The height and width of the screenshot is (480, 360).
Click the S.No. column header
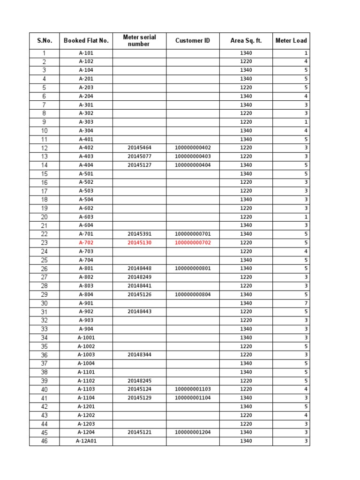coord(45,41)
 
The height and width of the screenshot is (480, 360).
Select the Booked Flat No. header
coord(86,41)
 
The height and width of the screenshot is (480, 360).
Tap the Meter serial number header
coord(139,41)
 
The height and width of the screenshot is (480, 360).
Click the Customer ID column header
coord(193,41)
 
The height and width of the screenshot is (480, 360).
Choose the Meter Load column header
coord(291,41)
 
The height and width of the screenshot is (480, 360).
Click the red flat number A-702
coord(86,243)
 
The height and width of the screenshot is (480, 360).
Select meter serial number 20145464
coord(139,148)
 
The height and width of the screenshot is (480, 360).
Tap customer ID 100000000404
coord(193,165)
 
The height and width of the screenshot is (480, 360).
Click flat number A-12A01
coord(86,441)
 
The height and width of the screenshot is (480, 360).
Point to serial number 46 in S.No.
coord(45,441)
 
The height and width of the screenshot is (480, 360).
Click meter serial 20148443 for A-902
coord(139,312)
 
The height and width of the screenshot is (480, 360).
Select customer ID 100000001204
coord(193,432)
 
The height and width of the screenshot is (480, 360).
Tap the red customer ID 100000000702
coord(193,243)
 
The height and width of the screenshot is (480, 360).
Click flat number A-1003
coord(86,355)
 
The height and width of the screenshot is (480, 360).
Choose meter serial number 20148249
coord(139,277)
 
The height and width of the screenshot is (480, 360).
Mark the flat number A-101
coord(86,53)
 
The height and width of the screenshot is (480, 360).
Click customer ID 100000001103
coord(193,389)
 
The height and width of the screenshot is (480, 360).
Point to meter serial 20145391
coord(139,234)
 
